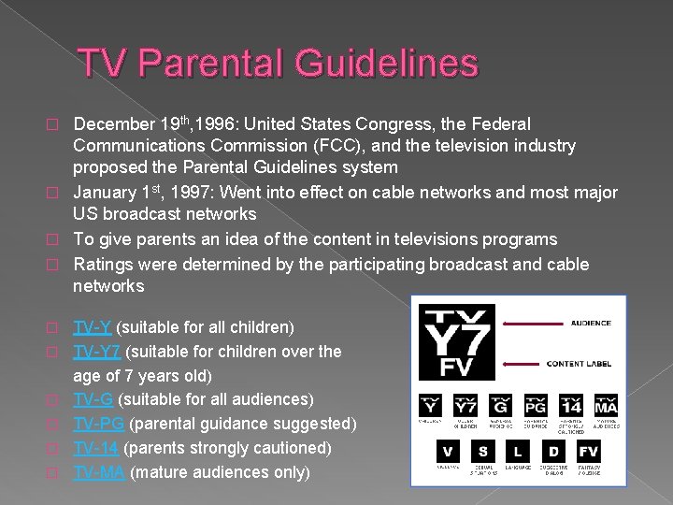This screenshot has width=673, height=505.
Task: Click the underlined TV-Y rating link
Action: [93, 327]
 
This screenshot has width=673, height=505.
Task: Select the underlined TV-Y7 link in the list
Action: [97, 352]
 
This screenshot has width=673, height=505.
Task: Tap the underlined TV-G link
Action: [93, 400]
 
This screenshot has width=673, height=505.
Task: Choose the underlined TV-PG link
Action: [98, 425]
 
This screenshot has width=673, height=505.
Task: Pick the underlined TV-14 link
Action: [97, 448]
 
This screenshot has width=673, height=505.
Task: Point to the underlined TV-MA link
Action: [99, 472]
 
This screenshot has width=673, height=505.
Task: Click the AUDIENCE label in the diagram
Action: [591, 323]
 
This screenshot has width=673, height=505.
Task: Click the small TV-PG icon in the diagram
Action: [536, 406]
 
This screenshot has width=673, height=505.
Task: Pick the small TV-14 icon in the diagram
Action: [571, 406]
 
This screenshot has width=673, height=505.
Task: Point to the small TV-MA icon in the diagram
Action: [606, 406]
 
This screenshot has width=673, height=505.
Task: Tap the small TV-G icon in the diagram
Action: [500, 406]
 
